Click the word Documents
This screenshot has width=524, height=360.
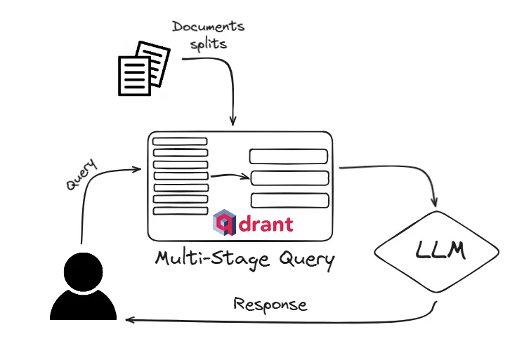[x=209, y=27]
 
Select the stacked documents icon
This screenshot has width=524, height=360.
[x=143, y=68]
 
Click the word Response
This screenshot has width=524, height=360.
[x=270, y=305]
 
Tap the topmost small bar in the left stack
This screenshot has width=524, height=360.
[x=180, y=141]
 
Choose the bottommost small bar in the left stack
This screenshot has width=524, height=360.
[x=180, y=211]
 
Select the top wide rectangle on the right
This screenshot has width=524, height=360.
[x=289, y=156]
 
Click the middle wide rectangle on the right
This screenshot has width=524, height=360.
[x=289, y=178]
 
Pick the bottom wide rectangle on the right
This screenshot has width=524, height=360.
[x=289, y=200]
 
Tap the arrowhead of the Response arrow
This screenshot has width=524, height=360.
[x=129, y=320]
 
